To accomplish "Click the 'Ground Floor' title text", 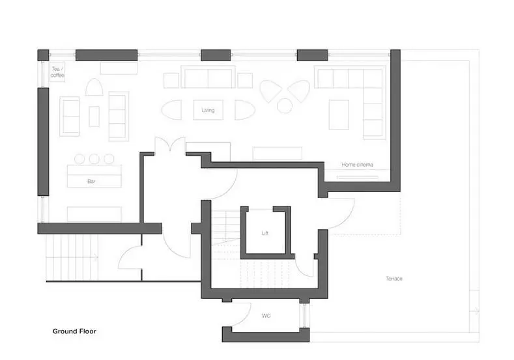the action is pyautogui.click(x=74, y=331).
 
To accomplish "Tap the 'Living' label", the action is pyautogui.click(x=208, y=110).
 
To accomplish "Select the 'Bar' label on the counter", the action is pyautogui.click(x=91, y=181).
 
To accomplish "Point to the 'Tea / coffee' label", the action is pyautogui.click(x=57, y=72).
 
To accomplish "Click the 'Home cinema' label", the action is pyautogui.click(x=357, y=165).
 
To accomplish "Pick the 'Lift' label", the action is pyautogui.click(x=265, y=233).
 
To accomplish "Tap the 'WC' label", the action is pyautogui.click(x=266, y=316).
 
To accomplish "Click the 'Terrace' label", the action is pyautogui.click(x=394, y=279).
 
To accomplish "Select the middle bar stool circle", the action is pyautogui.click(x=94, y=159).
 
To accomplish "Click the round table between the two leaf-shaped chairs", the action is pyautogui.click(x=285, y=106).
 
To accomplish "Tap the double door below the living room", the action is pyautogui.click(x=170, y=145).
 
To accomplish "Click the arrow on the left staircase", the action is pyautogui.click(x=94, y=257).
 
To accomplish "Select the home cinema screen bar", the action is pyautogui.click(x=357, y=177).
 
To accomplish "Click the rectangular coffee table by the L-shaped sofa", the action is pyautogui.click(x=339, y=115).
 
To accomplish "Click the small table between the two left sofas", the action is pyautogui.click(x=94, y=117).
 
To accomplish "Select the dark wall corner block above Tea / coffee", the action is pyautogui.click(x=43, y=55).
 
